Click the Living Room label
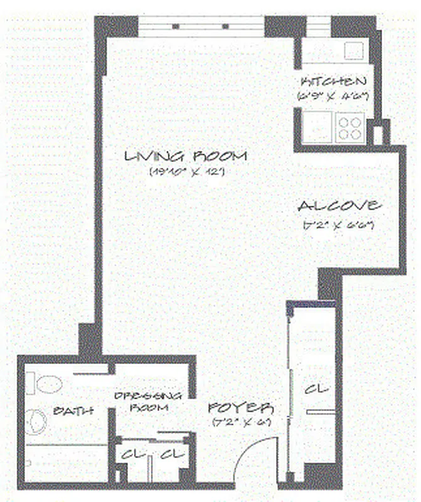pos(186,156)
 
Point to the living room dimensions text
pos(186,171)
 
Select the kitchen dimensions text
pos(333,97)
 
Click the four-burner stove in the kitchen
pos(349,127)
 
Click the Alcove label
pos(339,206)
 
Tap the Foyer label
pos(241,406)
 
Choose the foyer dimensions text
pos(241,421)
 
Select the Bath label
pos(73,411)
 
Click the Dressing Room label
pos(149,401)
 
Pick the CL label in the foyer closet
pos(316,390)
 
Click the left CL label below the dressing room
pos(133,454)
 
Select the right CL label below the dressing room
pos(171,454)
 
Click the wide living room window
pos(201,26)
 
